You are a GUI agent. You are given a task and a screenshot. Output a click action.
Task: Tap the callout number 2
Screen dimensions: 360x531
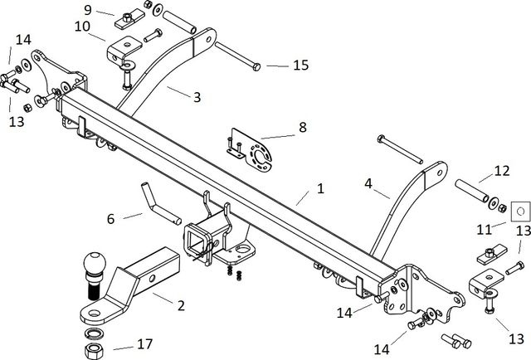tap(180, 304)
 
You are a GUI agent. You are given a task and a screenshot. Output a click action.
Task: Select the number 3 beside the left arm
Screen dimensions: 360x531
tap(197, 97)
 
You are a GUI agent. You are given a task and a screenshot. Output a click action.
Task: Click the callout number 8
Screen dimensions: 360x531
tap(302, 128)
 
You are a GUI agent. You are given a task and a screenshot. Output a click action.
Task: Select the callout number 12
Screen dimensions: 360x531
tap(501, 171)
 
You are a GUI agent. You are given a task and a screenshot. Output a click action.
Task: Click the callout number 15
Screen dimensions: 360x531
tap(300, 64)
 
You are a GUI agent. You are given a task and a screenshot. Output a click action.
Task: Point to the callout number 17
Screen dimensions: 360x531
tap(145, 343)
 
